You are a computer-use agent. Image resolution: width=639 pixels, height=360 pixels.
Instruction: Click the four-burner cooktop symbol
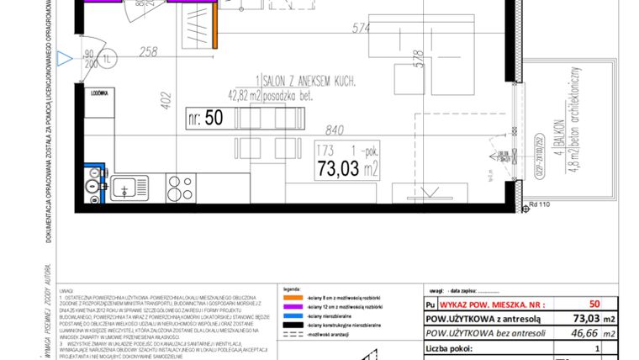(x=180, y=187)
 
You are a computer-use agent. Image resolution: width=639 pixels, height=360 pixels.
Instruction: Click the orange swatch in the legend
(x=292, y=299)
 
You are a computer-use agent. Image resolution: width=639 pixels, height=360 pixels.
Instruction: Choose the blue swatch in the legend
(x=292, y=317)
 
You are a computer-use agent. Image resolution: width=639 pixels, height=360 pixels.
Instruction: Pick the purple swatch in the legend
(x=292, y=308)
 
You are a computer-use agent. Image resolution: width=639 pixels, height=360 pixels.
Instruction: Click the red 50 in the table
(x=594, y=304)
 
